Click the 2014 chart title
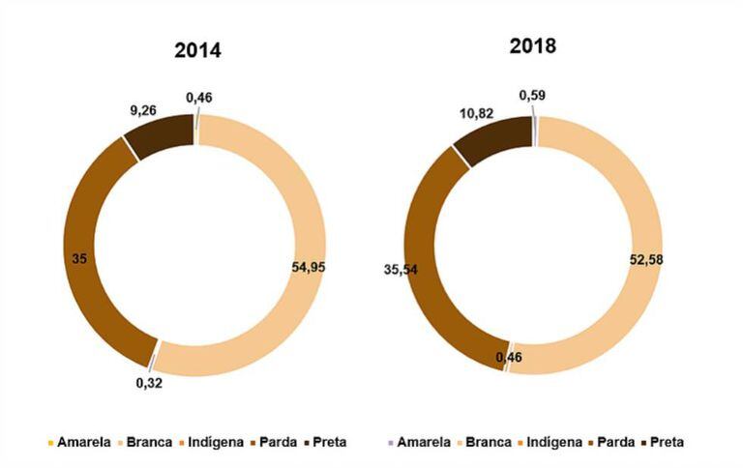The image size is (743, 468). pyautogui.click(x=197, y=51)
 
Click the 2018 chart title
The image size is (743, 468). pyautogui.click(x=535, y=45)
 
